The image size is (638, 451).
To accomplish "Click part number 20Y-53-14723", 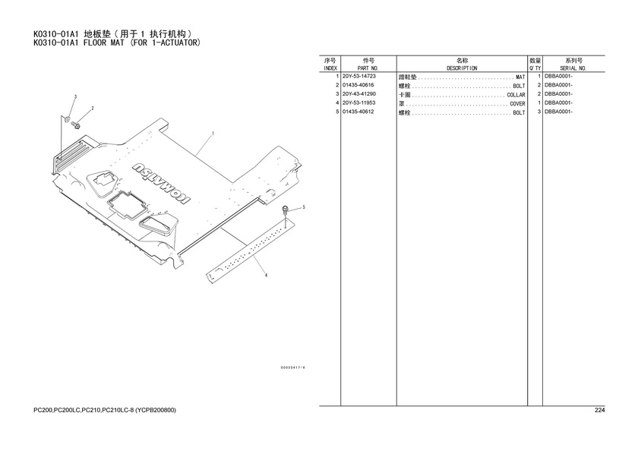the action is click(358, 76).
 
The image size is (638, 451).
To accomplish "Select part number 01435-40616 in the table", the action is click(358, 85).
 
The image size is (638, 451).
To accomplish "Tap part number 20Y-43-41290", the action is click(358, 94).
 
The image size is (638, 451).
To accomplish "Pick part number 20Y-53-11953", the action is click(358, 103).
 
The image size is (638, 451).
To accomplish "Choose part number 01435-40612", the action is click(358, 112).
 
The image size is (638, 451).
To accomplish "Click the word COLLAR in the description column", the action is click(516, 95).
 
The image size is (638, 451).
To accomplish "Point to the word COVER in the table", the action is click(517, 104).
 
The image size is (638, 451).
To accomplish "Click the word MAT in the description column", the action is click(520, 77).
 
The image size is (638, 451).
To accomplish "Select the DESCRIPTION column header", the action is click(462, 68).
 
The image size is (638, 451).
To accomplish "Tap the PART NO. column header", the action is click(368, 68).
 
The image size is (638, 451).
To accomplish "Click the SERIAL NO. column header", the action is click(573, 68).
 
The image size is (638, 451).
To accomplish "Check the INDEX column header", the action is click(330, 68).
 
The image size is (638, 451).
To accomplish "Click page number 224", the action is click(600, 410).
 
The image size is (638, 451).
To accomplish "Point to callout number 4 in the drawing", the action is click(266, 276).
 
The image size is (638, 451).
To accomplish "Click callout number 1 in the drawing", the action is click(213, 134).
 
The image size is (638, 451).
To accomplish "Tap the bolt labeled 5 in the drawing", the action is click(286, 210).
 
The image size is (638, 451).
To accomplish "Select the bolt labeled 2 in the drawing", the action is click(75, 125).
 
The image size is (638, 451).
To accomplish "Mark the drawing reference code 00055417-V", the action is click(292, 367).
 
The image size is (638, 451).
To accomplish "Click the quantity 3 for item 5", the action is click(539, 112).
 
